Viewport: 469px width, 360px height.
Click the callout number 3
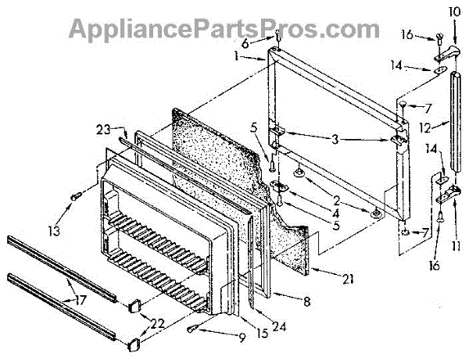pyautogui.click(x=335, y=140)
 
